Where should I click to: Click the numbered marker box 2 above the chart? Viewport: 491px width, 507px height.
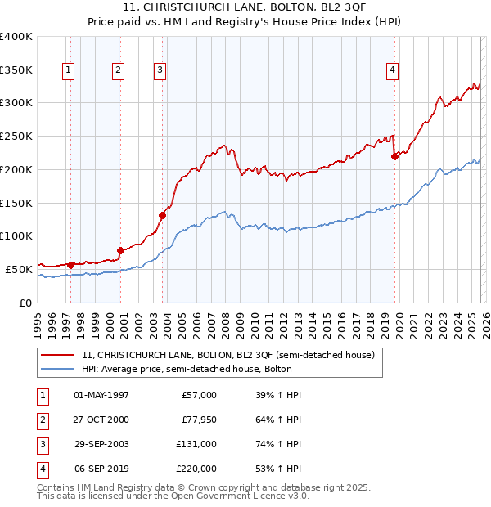click(x=118, y=71)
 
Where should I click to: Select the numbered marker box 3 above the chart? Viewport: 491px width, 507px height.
click(x=160, y=71)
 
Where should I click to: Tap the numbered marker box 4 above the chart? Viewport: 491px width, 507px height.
click(x=393, y=71)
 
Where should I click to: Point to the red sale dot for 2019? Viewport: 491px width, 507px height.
click(x=394, y=156)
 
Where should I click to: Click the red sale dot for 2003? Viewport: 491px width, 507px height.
click(x=162, y=215)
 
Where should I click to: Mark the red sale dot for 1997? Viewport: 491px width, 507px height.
click(x=70, y=264)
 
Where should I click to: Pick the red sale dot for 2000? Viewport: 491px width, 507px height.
click(x=121, y=250)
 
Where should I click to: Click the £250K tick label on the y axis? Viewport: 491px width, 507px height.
click(x=16, y=136)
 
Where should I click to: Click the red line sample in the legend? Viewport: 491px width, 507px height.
click(x=56, y=355)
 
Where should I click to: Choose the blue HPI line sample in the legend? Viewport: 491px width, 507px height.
click(x=56, y=369)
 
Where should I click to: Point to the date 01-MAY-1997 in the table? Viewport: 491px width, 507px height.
click(x=101, y=395)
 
